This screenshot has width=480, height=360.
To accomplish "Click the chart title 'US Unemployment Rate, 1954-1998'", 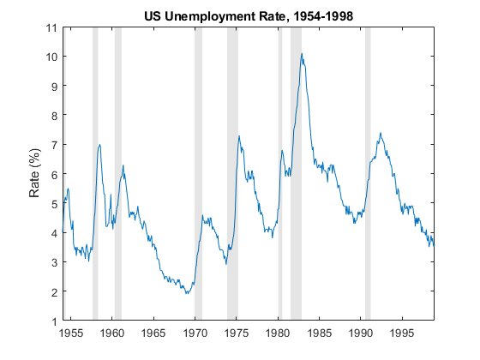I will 249,15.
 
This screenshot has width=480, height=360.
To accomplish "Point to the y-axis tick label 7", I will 54,145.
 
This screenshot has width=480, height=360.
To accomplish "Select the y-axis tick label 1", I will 54,321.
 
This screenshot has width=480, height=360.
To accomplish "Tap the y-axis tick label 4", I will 54,233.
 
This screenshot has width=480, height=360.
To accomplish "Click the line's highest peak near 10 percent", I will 302,54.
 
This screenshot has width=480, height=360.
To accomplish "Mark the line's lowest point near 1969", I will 186,294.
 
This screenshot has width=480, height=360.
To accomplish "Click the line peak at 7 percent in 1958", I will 100,145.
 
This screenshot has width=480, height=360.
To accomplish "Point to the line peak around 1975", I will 239,136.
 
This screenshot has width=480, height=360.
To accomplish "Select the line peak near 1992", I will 381,133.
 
